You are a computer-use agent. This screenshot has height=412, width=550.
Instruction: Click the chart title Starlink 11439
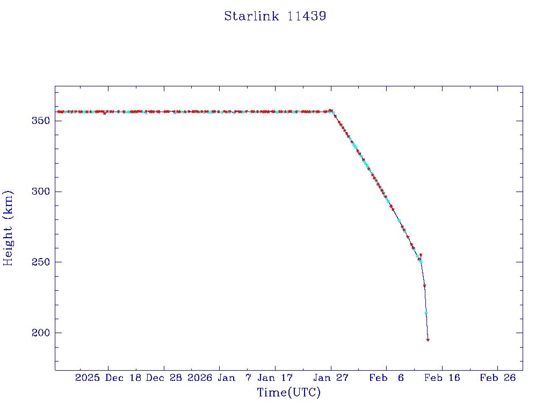(x=275, y=16)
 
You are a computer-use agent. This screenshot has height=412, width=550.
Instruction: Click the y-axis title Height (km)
(x=8, y=228)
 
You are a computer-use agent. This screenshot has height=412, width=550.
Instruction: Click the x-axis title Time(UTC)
(x=289, y=393)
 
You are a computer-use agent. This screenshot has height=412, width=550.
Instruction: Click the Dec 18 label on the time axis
(x=124, y=378)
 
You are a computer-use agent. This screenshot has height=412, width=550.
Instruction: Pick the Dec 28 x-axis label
(x=164, y=378)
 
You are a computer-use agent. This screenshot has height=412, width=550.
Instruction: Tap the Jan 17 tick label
(x=275, y=378)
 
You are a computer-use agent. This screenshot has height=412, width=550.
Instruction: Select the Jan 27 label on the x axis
(x=330, y=378)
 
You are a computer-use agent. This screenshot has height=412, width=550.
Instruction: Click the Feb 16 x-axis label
(x=442, y=378)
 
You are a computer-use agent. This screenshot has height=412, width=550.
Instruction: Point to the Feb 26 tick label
(x=497, y=378)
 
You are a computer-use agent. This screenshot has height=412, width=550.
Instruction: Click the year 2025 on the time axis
(x=88, y=378)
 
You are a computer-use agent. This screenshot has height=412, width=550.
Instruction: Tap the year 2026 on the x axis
(x=200, y=378)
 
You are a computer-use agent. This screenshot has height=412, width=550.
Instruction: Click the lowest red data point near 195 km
(x=428, y=340)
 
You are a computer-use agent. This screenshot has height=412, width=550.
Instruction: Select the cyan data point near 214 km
(x=426, y=313)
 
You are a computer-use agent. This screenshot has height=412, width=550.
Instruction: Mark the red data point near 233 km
(x=424, y=285)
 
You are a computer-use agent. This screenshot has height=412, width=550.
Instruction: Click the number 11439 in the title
(x=307, y=16)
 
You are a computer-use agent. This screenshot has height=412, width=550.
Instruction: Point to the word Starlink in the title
(x=251, y=16)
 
